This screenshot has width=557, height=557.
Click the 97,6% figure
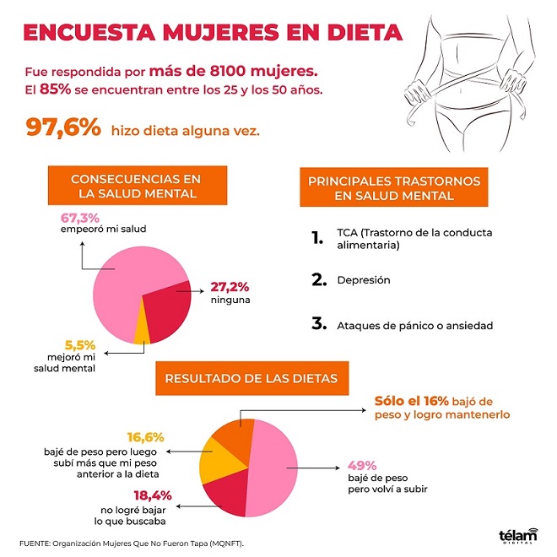click(63, 128)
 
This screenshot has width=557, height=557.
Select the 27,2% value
click(228, 288)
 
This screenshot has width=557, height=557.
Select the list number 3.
click(317, 322)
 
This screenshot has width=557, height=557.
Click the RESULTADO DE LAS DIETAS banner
click(246, 379)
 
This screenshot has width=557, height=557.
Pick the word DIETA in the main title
click(355, 32)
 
